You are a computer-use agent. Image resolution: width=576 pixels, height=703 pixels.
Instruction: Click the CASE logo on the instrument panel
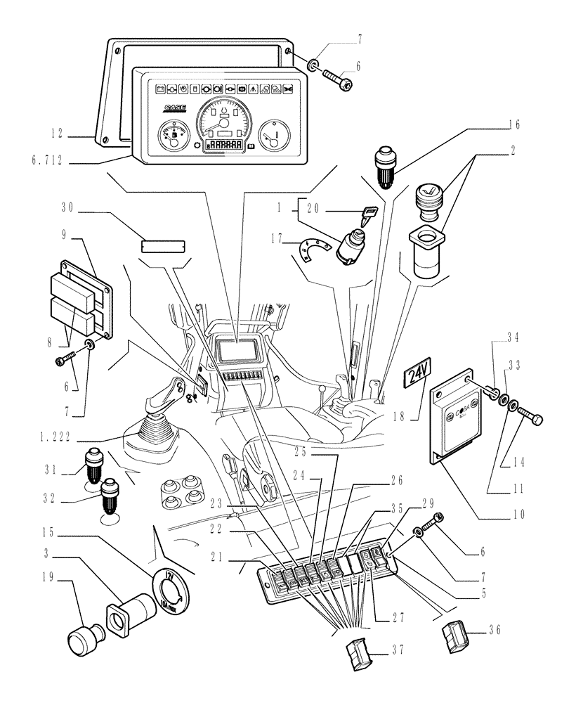click(x=175, y=108)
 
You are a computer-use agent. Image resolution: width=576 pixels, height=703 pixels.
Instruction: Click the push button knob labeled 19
click(x=84, y=640)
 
